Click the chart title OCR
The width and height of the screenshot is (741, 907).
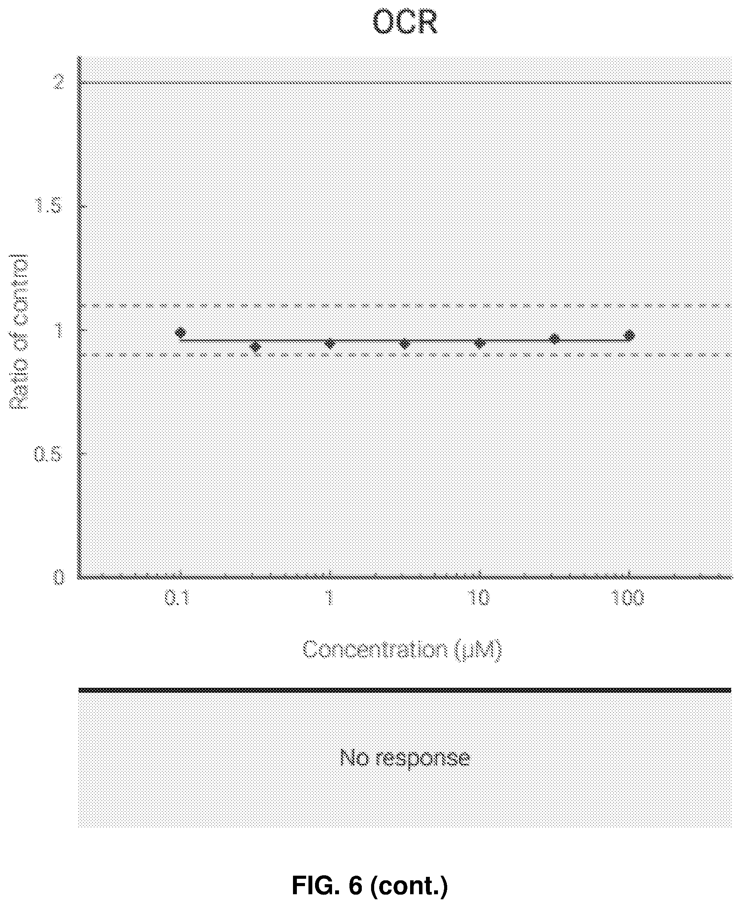pyautogui.click(x=405, y=22)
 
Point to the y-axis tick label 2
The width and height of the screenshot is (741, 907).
pyautogui.click(x=58, y=82)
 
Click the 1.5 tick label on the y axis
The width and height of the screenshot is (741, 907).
pyautogui.click(x=48, y=206)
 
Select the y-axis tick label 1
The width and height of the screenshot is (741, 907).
pyautogui.click(x=58, y=329)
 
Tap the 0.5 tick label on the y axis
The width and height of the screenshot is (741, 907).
pyautogui.click(x=48, y=454)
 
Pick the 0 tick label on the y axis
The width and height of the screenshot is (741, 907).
pyautogui.click(x=58, y=578)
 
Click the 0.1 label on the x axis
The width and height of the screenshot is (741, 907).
pyautogui.click(x=177, y=598)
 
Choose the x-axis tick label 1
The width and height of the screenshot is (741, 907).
pyautogui.click(x=329, y=598)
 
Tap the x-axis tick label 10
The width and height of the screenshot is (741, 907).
pyautogui.click(x=479, y=598)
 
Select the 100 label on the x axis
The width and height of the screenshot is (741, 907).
pyautogui.click(x=628, y=598)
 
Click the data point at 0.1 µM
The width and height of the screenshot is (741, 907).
pyautogui.click(x=181, y=332)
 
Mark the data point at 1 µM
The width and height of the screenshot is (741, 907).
pyautogui.click(x=329, y=343)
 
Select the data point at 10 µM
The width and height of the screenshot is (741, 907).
pyautogui.click(x=479, y=343)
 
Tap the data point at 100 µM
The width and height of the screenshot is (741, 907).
pyautogui.click(x=629, y=336)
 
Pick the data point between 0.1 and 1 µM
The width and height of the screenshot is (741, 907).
pyautogui.click(x=255, y=346)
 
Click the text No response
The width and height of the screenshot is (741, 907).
pyautogui.click(x=405, y=758)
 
